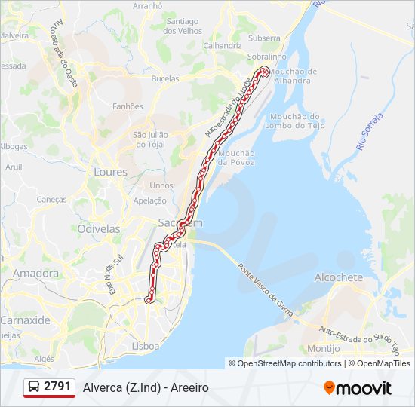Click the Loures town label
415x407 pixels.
[110, 172]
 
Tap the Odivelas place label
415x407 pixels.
[99, 228]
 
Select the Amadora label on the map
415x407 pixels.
[35, 273]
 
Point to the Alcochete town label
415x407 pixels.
[339, 277]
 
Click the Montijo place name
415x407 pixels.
[324, 348]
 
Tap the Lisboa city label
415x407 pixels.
[145, 346]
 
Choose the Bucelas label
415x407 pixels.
[165, 78]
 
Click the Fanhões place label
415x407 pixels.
[128, 106]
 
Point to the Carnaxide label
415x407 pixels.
[25, 320]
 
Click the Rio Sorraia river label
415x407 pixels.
[371, 130]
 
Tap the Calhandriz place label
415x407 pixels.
[222, 45]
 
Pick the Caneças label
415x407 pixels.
[52, 200]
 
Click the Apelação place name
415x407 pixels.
[149, 200]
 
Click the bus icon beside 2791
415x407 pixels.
[34, 387]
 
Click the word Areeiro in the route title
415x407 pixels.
[189, 388]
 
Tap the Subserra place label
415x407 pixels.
[264, 38]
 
